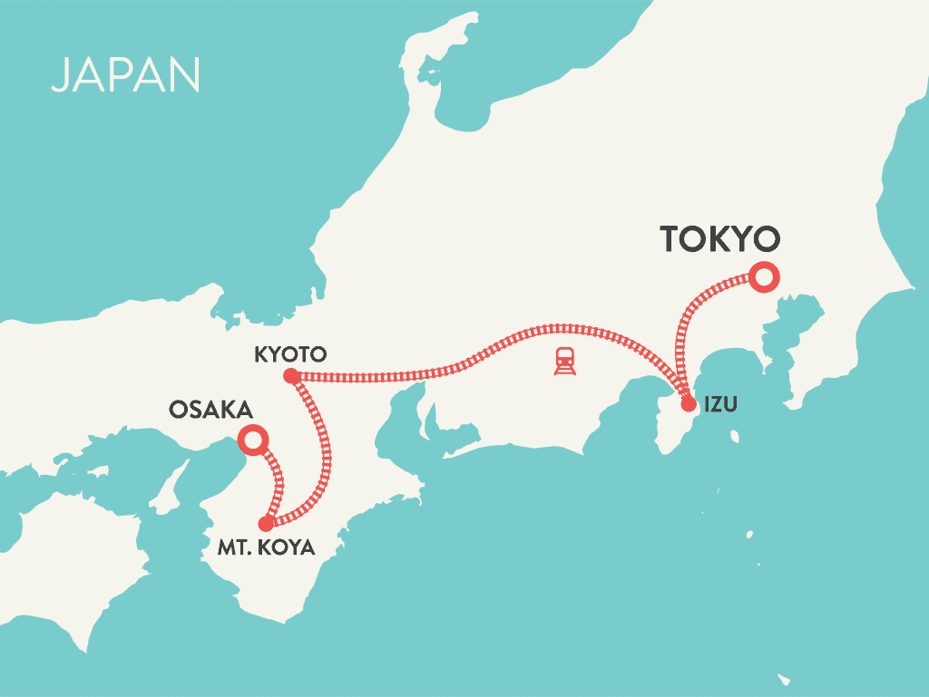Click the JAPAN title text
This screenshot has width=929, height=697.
tap(125, 75)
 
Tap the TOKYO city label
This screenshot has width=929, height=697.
tap(719, 238)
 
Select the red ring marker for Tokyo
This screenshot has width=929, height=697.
tap(763, 276)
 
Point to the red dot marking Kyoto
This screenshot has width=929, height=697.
tap(290, 375)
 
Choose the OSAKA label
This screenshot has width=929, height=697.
tap(210, 410)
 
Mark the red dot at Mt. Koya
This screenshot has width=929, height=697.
tap(265, 523)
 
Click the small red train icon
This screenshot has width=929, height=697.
tap(565, 361)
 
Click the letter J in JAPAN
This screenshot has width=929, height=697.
tap(61, 76)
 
